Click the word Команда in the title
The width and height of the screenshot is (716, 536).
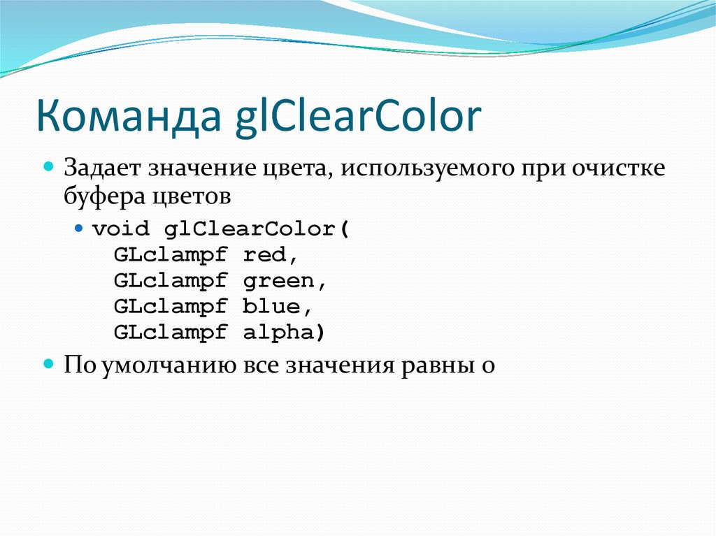point(127,117)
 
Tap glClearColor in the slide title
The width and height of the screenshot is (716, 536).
point(356,117)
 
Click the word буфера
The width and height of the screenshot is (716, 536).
point(102,198)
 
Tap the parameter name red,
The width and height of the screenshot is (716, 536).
point(275,255)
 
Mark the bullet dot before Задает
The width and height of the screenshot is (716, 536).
point(49,168)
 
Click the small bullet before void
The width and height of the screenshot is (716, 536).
point(79,229)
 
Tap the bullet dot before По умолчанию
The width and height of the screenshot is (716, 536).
point(49,364)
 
